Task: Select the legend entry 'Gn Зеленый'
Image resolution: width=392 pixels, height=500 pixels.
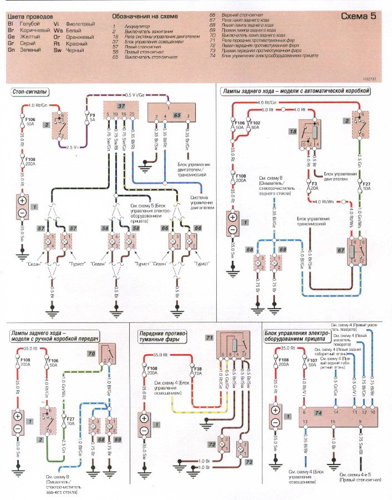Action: [22, 49]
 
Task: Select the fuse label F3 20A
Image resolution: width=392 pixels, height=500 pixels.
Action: [313, 185]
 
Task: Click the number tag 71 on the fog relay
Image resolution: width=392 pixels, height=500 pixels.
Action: [209, 337]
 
